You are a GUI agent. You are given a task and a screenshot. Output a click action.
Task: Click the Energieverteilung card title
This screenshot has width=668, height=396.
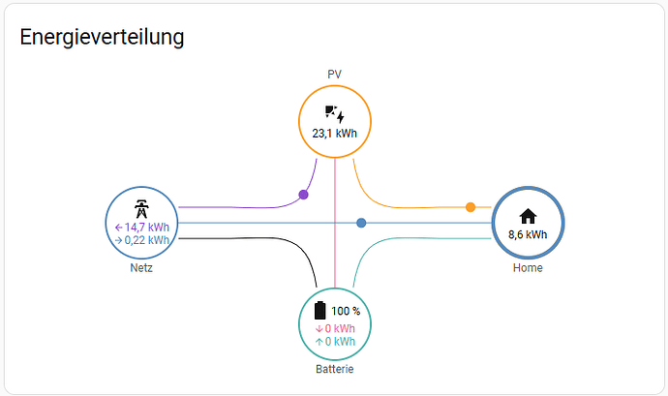click(102, 37)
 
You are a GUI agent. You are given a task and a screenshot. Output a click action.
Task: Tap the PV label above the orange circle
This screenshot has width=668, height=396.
click(334, 75)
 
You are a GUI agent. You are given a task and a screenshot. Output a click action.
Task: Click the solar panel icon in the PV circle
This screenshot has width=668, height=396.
click(334, 114)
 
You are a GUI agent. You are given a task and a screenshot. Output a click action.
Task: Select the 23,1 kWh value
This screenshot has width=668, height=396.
click(334, 134)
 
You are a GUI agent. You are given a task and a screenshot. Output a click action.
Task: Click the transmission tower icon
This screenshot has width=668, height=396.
click(141, 209)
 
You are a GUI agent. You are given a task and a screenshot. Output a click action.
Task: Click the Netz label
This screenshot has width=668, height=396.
click(141, 267)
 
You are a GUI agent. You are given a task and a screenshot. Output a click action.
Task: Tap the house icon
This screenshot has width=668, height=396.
click(528, 216)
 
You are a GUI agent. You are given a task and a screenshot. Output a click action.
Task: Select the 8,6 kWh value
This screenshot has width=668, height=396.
click(528, 234)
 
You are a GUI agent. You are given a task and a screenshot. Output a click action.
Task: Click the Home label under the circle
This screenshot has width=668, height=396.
click(528, 267)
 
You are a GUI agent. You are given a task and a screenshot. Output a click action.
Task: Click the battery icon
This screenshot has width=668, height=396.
click(319, 311)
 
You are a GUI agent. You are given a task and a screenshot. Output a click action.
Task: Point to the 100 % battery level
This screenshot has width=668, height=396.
click(346, 311)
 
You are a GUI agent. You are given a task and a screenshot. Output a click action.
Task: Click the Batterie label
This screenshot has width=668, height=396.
click(334, 369)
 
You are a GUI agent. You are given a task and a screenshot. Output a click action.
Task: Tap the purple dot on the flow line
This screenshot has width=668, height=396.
click(303, 195)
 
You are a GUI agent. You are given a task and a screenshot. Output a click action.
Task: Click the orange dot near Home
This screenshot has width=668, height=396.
click(471, 207)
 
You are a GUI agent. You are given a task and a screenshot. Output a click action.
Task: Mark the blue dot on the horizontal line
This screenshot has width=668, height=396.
click(361, 223)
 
